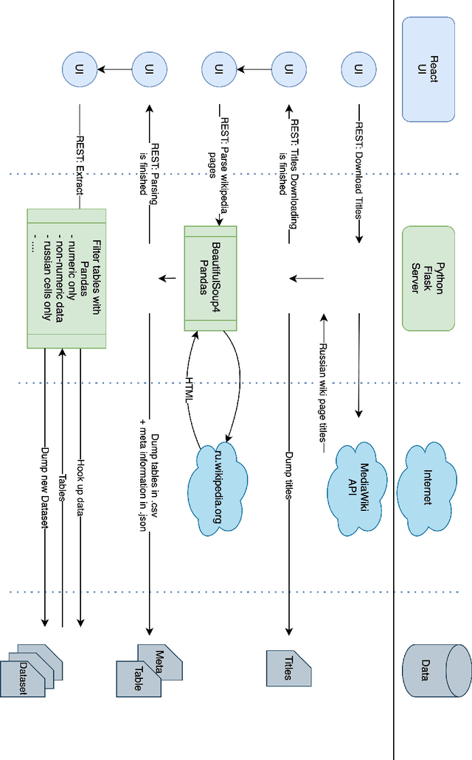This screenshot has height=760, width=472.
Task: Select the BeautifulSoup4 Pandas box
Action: coord(210,278)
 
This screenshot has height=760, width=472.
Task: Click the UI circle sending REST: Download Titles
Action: coord(359,69)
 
